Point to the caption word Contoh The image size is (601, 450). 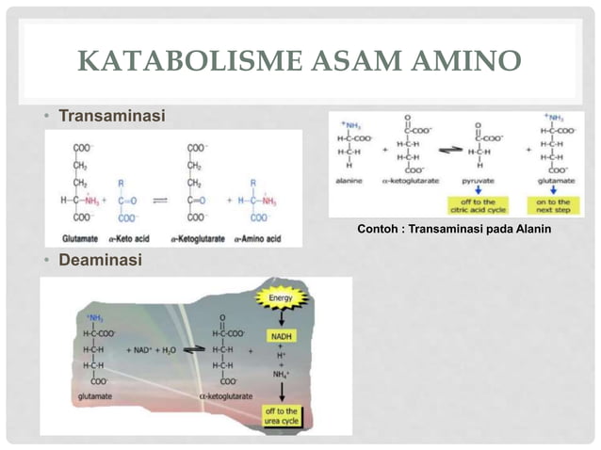coord(379,228)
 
